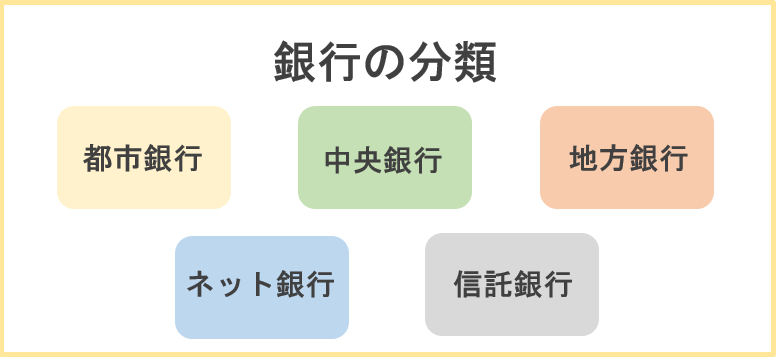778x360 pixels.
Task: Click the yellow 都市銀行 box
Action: click(x=144, y=158)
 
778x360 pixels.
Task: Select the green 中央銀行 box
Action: click(x=385, y=158)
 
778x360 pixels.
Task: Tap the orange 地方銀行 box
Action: click(x=627, y=158)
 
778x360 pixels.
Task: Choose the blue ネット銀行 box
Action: click(x=262, y=287)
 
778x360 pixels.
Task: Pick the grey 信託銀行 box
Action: click(x=512, y=285)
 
